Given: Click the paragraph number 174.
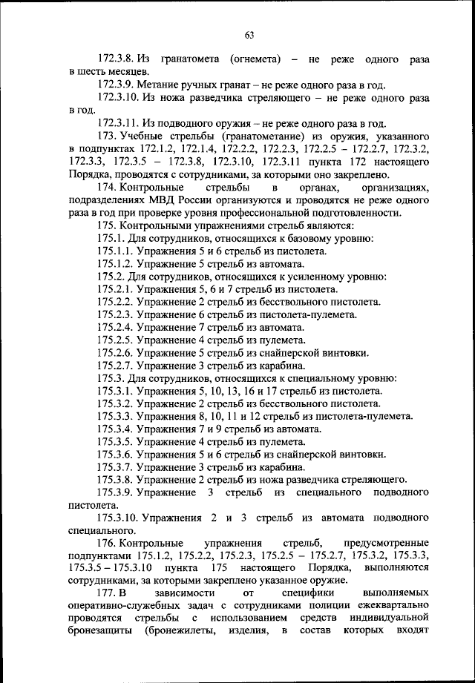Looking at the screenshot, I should [107, 187].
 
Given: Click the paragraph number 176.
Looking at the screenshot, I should [107, 544].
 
